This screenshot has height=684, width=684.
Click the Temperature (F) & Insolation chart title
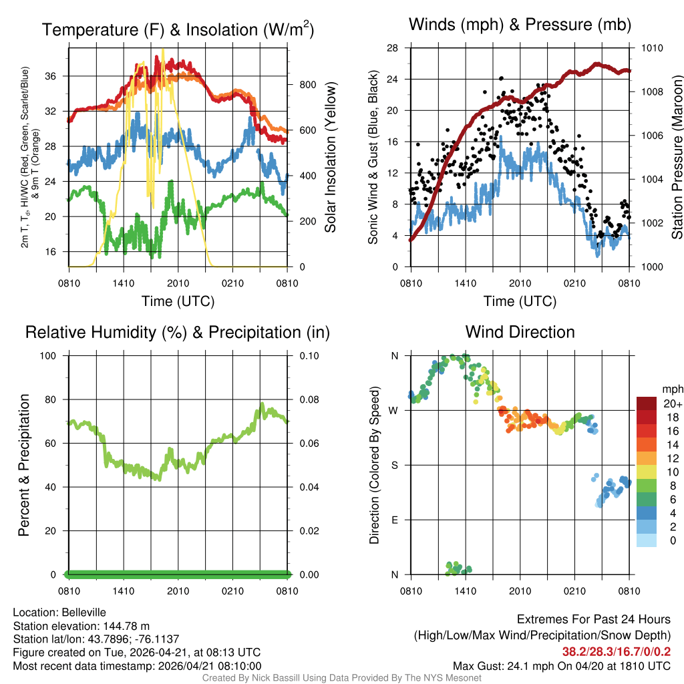(178, 30)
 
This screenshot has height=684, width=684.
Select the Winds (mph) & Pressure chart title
(520, 25)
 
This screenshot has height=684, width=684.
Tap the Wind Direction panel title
(520, 332)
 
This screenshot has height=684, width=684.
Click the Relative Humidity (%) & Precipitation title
(178, 332)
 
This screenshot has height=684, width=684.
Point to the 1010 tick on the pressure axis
(653, 48)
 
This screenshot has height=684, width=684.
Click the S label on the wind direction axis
(394, 465)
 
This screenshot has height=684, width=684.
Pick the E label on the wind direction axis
(394, 520)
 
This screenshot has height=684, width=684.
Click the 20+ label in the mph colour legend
(672, 404)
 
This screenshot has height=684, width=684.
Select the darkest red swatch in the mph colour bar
(647, 403)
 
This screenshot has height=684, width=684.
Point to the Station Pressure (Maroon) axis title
(677, 157)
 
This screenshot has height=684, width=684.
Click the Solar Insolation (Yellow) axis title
(330, 157)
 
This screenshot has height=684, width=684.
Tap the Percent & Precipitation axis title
(24, 465)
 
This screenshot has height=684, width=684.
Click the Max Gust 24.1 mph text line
(561, 665)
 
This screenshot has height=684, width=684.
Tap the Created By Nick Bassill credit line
(341, 678)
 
